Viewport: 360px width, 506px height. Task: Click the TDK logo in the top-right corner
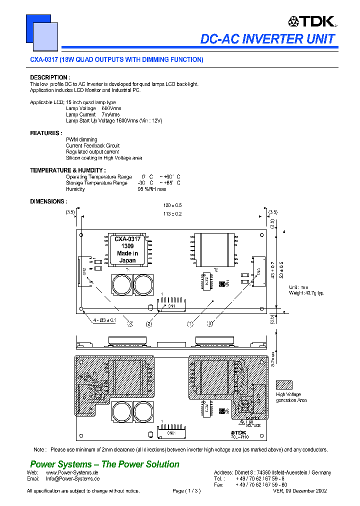(311, 21)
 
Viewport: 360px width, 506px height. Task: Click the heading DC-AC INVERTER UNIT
(267, 39)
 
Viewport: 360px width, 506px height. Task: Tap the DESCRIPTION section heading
(49, 77)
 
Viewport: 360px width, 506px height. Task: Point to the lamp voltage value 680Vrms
(111, 108)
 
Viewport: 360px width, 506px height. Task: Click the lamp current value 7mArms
(111, 114)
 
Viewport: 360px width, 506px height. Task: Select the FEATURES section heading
(45, 133)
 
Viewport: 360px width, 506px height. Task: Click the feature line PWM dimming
(81, 139)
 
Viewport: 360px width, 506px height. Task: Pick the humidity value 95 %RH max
(152, 189)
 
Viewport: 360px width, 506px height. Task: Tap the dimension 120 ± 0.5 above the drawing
(172, 205)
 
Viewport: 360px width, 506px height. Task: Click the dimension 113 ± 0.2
(172, 213)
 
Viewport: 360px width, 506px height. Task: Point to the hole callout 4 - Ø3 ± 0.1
(104, 320)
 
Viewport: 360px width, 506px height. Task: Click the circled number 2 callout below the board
(149, 324)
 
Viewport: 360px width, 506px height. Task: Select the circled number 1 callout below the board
(190, 324)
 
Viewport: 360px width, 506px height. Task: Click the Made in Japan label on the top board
(127, 257)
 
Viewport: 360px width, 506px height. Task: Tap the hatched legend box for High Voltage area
(284, 385)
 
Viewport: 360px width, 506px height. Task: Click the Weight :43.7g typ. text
(306, 292)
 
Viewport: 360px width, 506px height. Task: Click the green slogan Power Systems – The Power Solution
(104, 464)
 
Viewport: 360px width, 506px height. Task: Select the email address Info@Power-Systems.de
(72, 478)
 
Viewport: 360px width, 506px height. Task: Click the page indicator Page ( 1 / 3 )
(186, 491)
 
